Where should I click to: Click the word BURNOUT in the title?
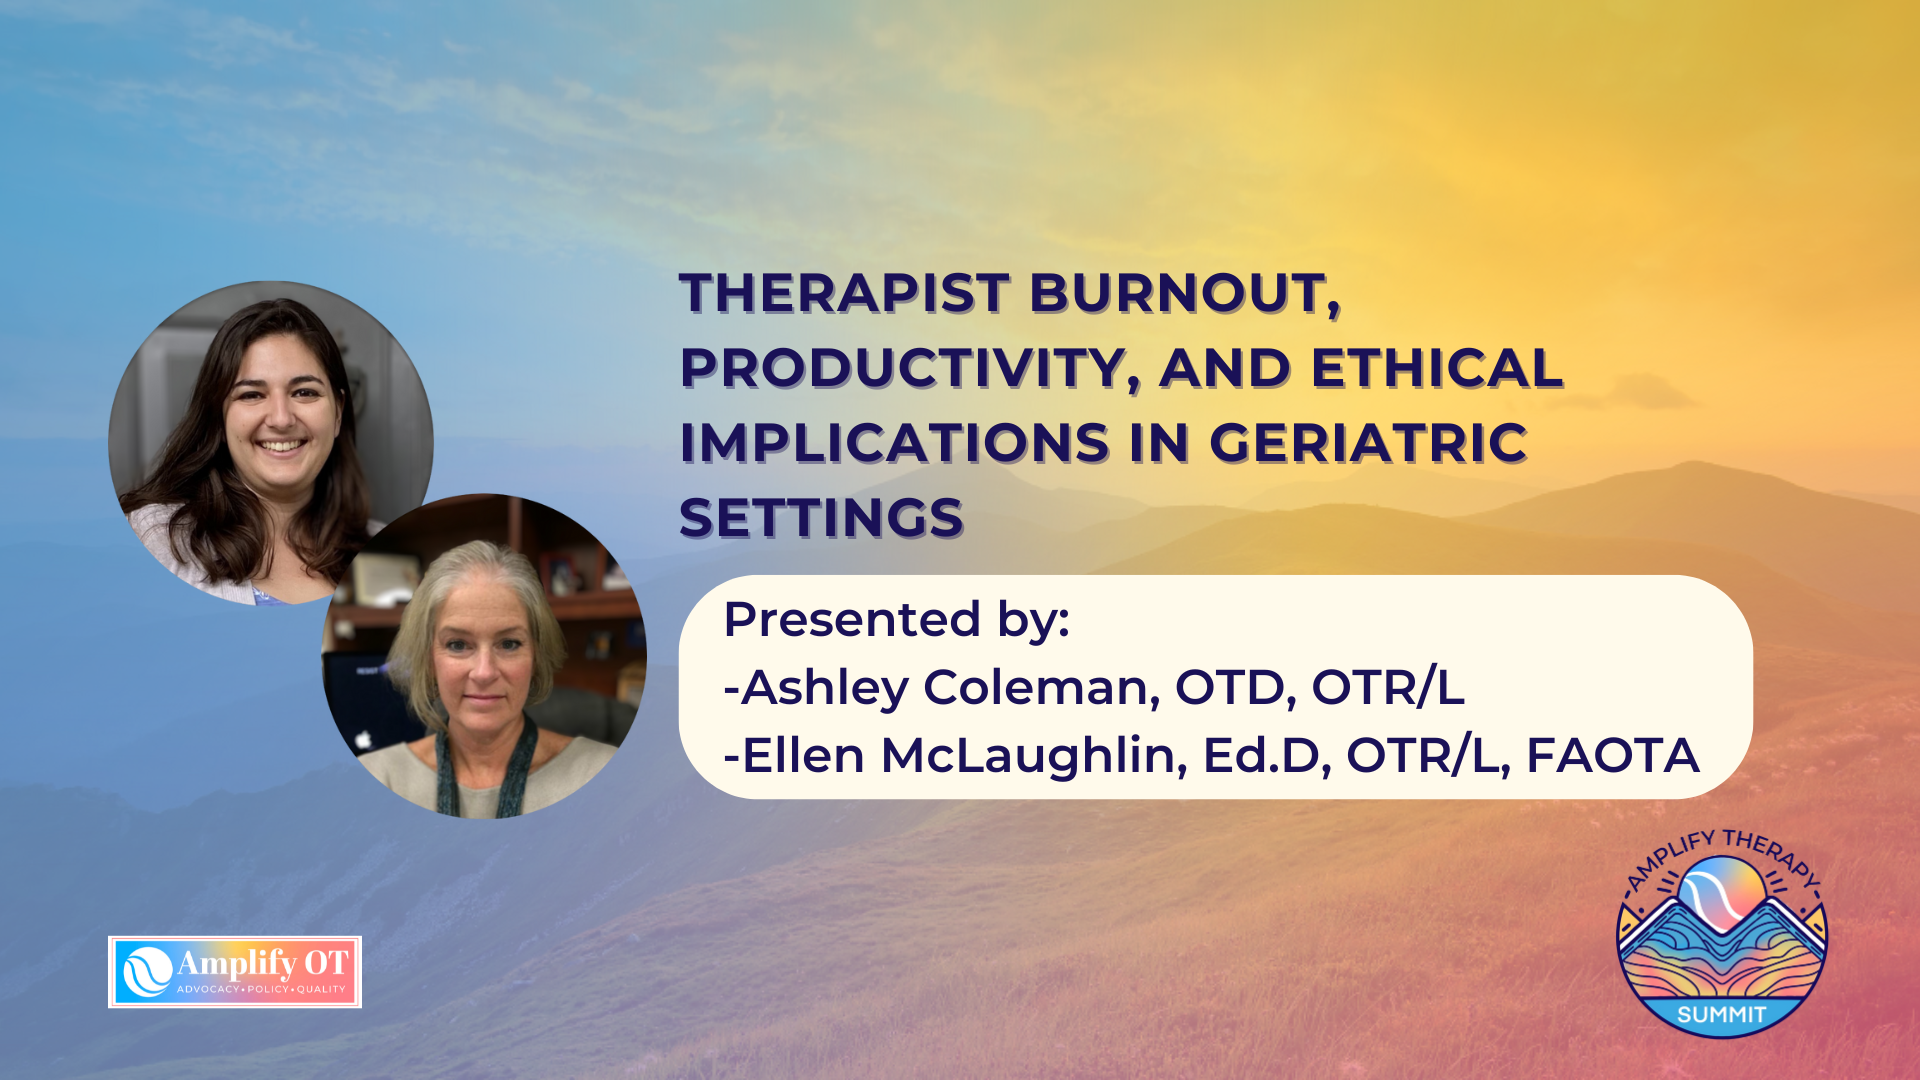point(1185,295)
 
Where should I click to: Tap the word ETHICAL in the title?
point(1437,368)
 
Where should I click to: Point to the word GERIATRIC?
point(1369,443)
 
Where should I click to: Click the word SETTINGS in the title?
point(821,518)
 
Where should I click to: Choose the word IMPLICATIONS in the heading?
point(894,443)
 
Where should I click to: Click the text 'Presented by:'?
point(897,621)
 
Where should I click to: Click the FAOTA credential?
point(1613,755)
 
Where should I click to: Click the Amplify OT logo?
point(235,972)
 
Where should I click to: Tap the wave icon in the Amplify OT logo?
point(147,971)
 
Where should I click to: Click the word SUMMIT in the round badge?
point(1722,1015)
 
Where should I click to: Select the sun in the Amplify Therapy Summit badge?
point(1722,888)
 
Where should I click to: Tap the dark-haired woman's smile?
point(281,445)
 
